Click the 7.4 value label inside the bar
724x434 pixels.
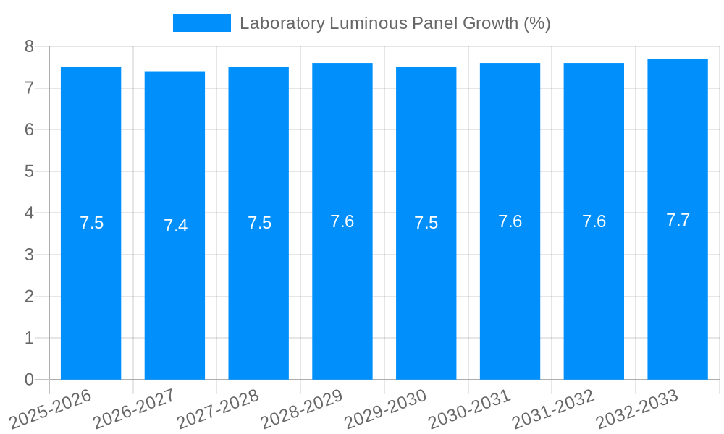point(175,226)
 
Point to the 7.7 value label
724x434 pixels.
point(678,220)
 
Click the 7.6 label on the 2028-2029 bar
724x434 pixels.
point(342,221)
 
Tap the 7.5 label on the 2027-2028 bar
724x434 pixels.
point(259,223)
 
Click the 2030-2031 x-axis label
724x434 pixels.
point(469,409)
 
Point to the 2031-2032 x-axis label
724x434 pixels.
point(553,409)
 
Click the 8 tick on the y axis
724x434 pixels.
point(29,46)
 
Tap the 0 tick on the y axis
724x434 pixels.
point(29,380)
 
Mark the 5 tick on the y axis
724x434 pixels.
point(29,171)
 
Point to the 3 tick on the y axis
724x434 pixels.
point(29,255)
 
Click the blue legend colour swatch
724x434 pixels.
point(201,23)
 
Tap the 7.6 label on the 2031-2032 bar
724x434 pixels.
point(594,221)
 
